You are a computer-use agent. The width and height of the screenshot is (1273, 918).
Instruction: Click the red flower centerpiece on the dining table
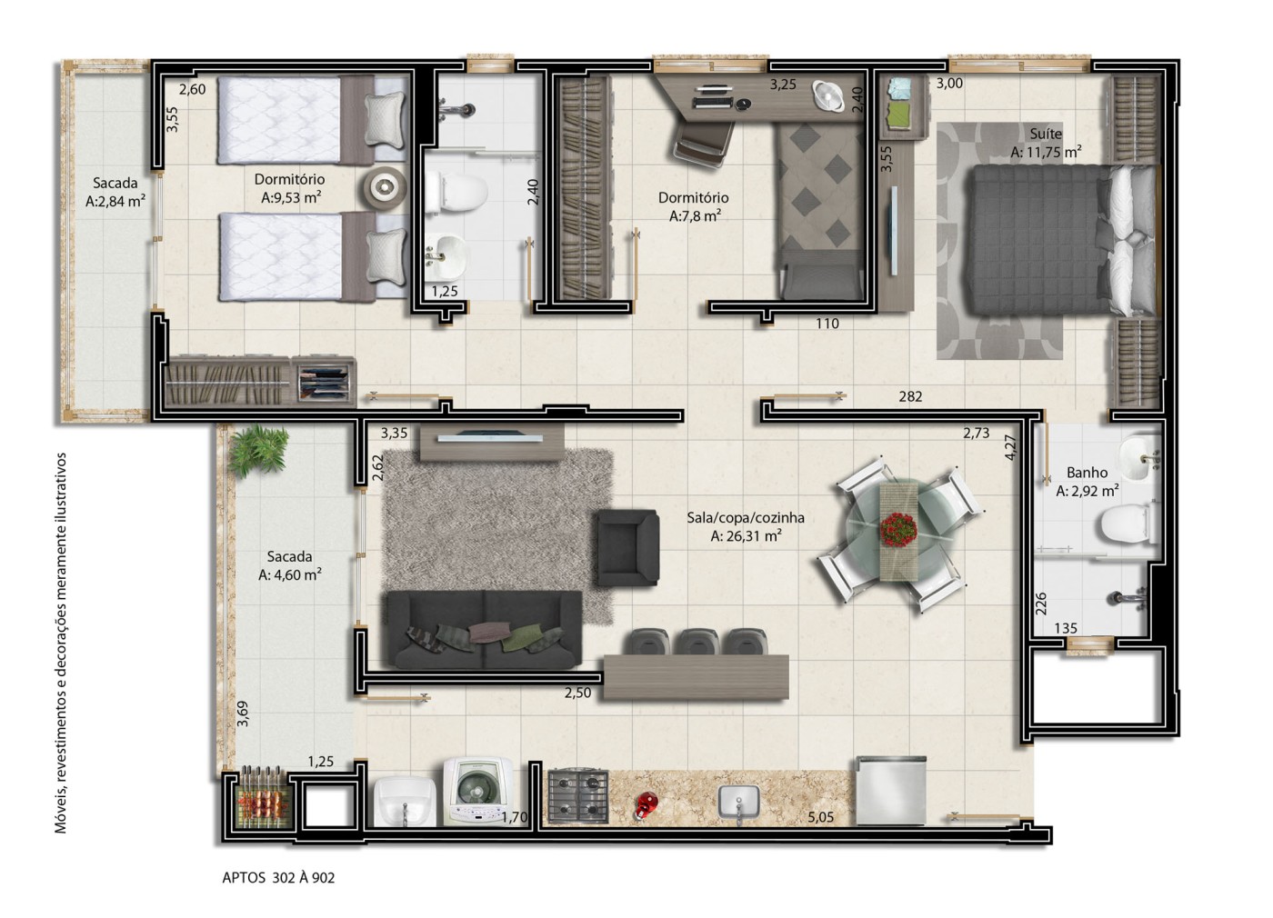(898, 529)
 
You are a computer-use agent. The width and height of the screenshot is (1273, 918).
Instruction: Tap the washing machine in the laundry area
(478, 792)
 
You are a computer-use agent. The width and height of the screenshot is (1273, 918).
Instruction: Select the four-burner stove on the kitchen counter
(578, 796)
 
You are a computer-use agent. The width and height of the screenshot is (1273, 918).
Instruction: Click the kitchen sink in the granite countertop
(738, 803)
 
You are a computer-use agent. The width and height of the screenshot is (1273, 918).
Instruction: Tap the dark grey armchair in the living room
(628, 547)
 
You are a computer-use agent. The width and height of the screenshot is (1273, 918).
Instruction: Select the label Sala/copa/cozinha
(746, 517)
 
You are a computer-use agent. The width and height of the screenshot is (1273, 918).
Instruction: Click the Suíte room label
(1046, 134)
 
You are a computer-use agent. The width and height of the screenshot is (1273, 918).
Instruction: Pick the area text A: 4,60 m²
(290, 574)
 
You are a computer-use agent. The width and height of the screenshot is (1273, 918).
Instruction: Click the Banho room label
(1087, 472)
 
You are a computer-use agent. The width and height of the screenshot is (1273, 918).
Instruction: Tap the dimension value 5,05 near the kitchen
(820, 817)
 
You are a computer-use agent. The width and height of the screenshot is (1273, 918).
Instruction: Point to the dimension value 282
(910, 396)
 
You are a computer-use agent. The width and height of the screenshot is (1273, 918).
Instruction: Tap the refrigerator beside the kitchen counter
(891, 790)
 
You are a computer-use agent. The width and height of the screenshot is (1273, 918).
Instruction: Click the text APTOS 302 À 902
(278, 878)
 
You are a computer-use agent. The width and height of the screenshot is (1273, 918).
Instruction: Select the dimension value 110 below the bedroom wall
(827, 324)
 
